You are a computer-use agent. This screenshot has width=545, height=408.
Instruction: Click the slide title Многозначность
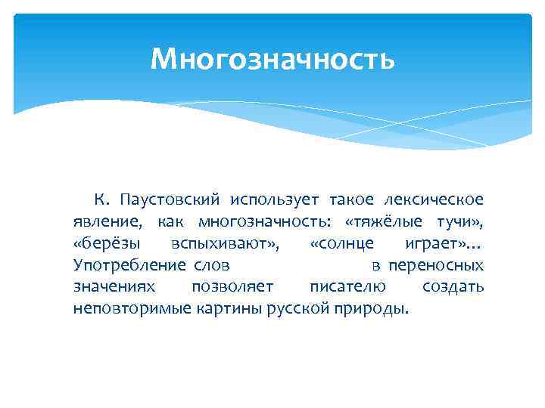[x=272, y=58]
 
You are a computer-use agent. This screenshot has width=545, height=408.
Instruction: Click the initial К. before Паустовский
[x=103, y=199]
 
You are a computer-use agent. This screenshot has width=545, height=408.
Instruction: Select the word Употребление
[x=129, y=265]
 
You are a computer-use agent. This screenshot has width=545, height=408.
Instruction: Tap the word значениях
[x=114, y=287]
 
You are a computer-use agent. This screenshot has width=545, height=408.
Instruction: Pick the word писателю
[x=347, y=287]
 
